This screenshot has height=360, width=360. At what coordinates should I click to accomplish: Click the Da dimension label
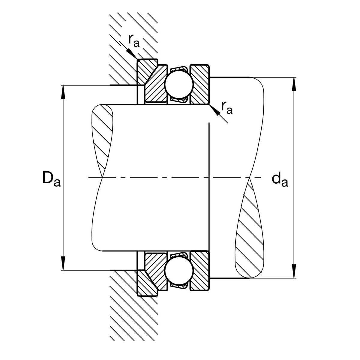pyautogui.click(x=51, y=178)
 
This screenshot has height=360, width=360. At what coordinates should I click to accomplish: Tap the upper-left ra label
pyautogui.click(x=133, y=41)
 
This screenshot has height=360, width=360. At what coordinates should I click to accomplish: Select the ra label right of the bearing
pyautogui.click(x=226, y=108)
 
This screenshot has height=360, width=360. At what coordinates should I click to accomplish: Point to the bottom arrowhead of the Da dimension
pyautogui.click(x=63, y=264)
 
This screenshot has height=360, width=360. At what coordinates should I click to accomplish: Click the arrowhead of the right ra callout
pyautogui.click(x=214, y=110)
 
